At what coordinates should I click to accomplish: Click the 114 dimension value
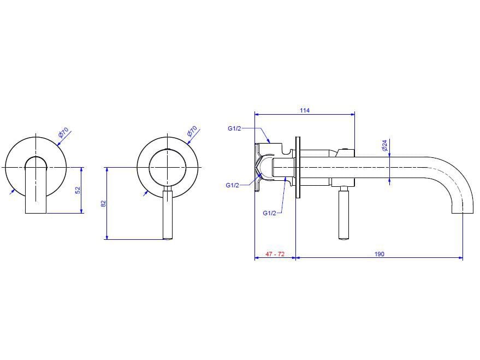[x=305, y=110]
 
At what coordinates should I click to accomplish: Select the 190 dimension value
[x=380, y=254]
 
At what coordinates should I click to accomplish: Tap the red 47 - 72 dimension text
[x=275, y=254]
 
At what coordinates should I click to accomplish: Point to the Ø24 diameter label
[x=384, y=146]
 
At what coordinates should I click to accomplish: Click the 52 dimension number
[x=78, y=190]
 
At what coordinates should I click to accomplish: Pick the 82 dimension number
[x=103, y=203]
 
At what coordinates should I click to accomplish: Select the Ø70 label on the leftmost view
[x=64, y=132]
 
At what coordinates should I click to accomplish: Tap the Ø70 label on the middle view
[x=192, y=132]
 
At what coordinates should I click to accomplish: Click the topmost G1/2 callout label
[x=234, y=129]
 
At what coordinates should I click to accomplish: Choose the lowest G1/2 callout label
[x=269, y=213]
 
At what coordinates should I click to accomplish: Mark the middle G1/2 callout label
[x=232, y=185]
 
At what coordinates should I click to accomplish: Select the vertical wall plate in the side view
[x=297, y=167]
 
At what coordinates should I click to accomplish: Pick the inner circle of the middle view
[x=168, y=166]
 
